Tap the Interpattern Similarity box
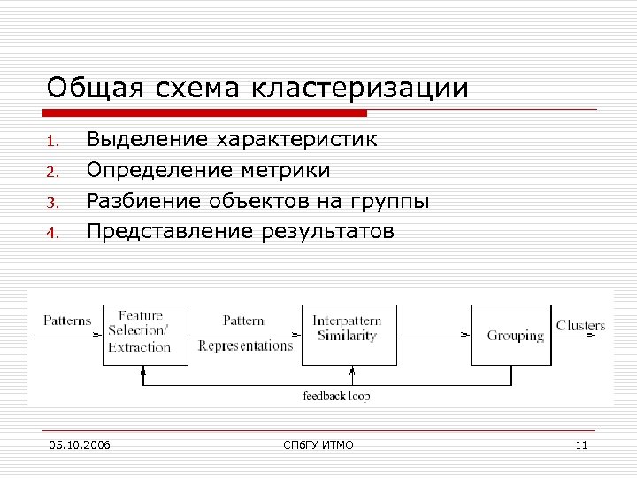point(349,334)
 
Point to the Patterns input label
point(67,320)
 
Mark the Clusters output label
point(580,325)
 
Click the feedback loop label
point(336,396)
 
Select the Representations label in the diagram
point(245,346)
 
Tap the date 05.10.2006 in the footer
point(80,444)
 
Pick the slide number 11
point(580,444)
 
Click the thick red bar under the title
point(207,113)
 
